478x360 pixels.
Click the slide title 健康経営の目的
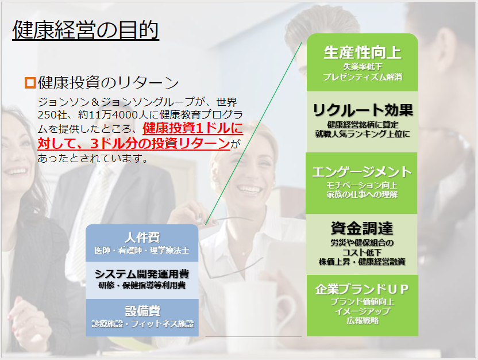86,30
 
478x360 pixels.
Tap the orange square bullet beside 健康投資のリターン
30,83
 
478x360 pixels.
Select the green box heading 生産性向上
363,52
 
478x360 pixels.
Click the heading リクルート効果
363,110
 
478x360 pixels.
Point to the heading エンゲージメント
362,172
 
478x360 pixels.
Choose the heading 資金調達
362,228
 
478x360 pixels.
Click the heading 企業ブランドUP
362,289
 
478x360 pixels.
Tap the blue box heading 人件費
142,238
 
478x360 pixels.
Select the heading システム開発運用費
142,274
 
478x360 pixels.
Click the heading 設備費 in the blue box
142,311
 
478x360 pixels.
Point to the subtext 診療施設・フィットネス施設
142,324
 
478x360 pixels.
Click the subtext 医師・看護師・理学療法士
142,251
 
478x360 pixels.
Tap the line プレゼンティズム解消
363,77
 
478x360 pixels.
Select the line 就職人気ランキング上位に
363,133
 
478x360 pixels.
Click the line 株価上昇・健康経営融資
362,262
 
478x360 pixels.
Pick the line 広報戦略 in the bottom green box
363,320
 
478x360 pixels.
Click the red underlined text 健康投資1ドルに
192,128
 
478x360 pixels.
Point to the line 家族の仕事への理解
362,194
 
